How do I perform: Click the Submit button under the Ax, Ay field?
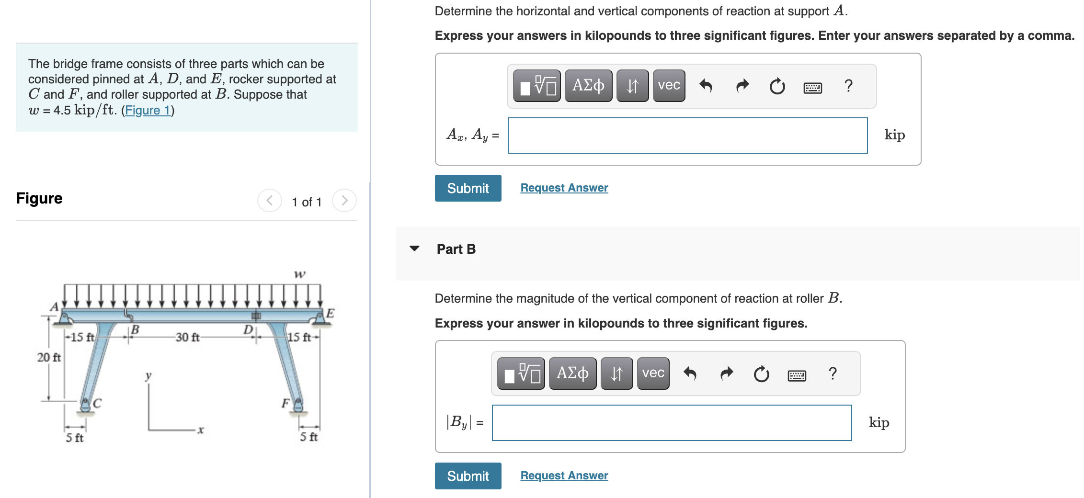(x=468, y=188)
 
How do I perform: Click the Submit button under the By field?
(x=468, y=476)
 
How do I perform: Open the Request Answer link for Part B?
(x=564, y=475)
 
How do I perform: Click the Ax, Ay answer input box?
(x=687, y=136)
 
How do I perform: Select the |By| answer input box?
(x=671, y=423)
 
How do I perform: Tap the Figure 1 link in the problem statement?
(x=148, y=111)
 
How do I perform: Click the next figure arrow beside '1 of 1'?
(x=344, y=201)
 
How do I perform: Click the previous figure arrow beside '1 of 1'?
(x=270, y=201)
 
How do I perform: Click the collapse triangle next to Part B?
(x=414, y=249)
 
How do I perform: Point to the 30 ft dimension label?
(x=187, y=338)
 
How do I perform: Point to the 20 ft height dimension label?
(x=49, y=357)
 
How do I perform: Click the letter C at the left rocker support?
(x=97, y=403)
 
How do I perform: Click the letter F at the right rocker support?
(x=285, y=403)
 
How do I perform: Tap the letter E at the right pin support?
(x=330, y=314)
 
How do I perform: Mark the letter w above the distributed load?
(x=299, y=274)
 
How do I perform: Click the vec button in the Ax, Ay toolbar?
(x=669, y=86)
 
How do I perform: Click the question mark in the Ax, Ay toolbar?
(x=848, y=86)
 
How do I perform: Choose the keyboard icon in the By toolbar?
(x=797, y=374)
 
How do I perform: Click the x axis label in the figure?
(x=201, y=430)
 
